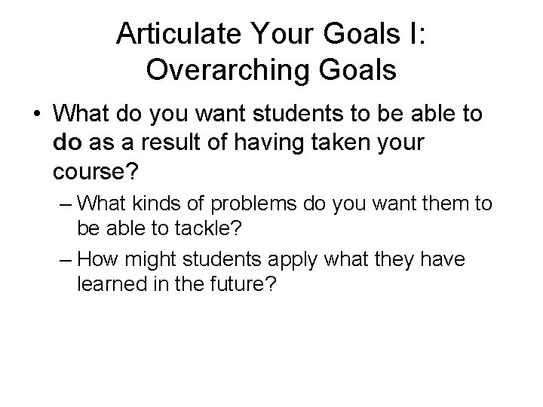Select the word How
(97, 260)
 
